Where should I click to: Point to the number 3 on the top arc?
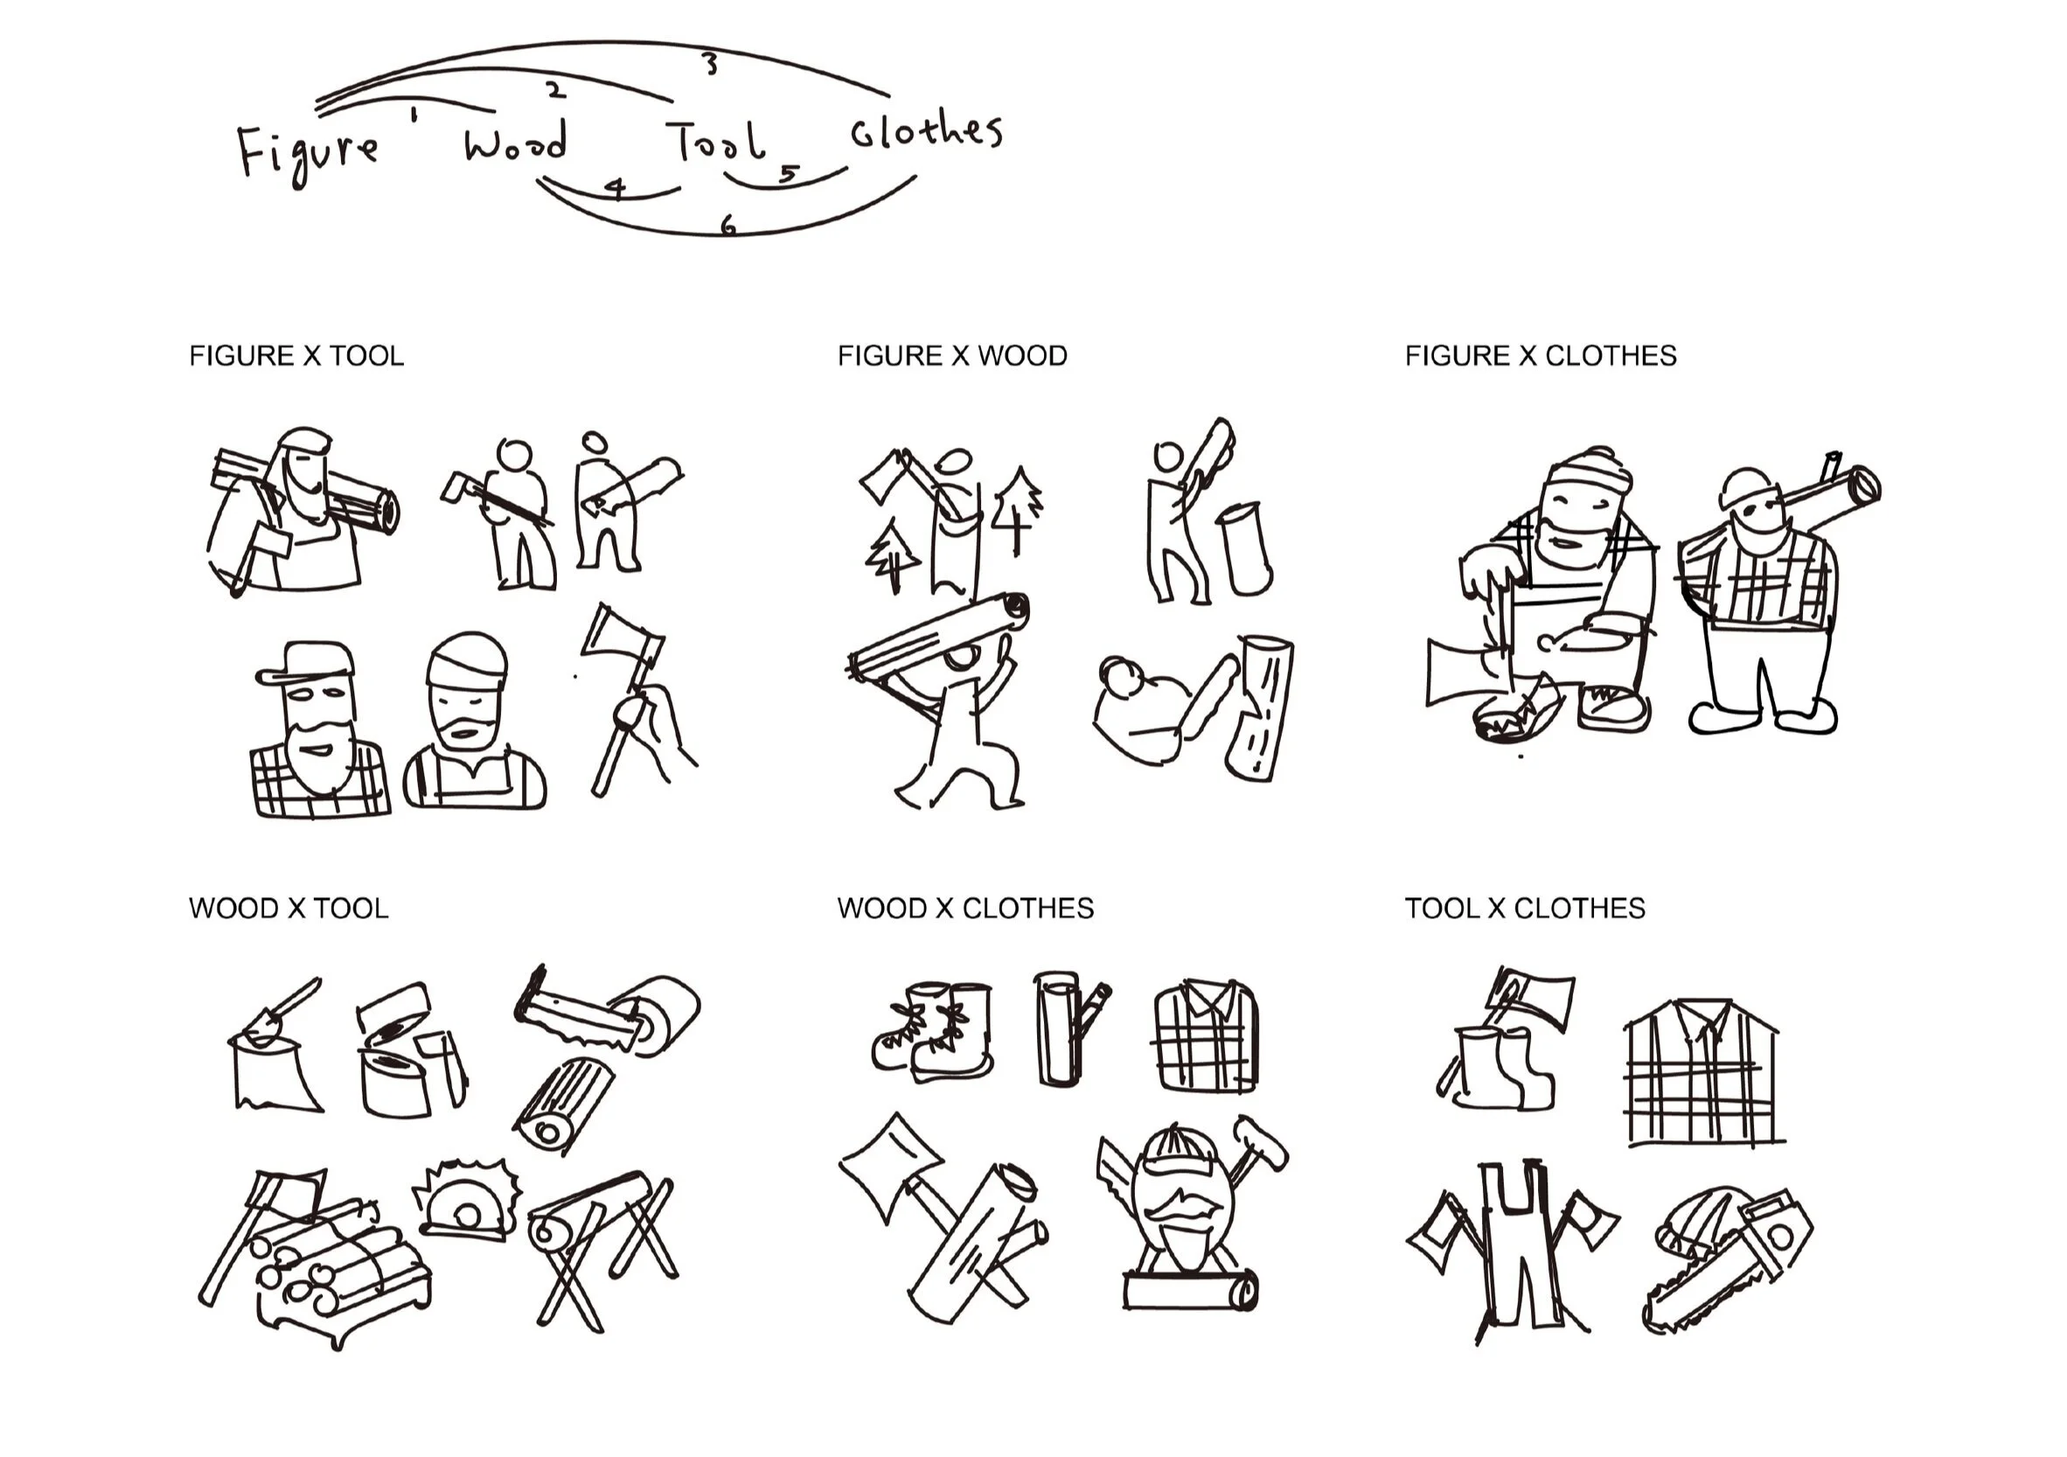pos(710,64)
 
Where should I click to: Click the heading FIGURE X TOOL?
pos(296,356)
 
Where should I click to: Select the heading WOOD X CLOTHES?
pos(965,908)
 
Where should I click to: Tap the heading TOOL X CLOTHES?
pos(1525,908)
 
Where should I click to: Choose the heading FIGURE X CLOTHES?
pos(1541,356)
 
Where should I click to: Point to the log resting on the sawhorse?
pos(589,1208)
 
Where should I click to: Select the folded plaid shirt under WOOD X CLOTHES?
pos(1206,1035)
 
